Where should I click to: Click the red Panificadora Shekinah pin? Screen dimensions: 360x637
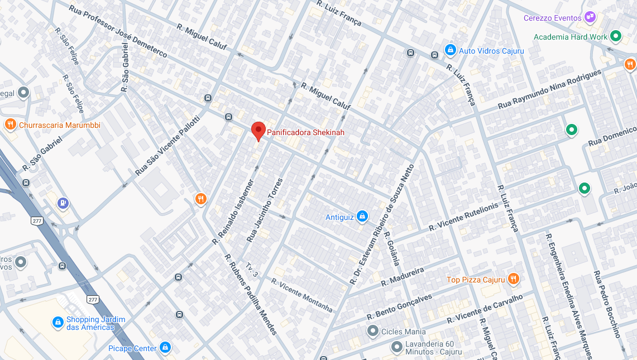pos(258,131)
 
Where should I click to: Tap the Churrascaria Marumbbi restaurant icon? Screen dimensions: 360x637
pos(9,124)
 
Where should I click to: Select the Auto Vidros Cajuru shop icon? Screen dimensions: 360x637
pos(450,50)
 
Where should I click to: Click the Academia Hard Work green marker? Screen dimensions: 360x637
pos(616,37)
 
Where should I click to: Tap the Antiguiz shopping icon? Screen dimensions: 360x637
pos(362,216)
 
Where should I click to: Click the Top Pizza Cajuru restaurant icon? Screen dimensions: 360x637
pos(514,279)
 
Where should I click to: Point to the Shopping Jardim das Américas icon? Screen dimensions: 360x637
pos(58,322)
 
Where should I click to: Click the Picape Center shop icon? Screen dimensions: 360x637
pos(165,348)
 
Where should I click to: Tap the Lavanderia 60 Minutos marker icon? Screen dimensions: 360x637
pos(397,348)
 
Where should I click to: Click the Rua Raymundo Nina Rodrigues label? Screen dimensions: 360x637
pos(549,90)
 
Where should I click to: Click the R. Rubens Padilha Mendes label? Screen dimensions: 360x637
pos(250,294)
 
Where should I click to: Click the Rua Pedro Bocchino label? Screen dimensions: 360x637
pos(606,304)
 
